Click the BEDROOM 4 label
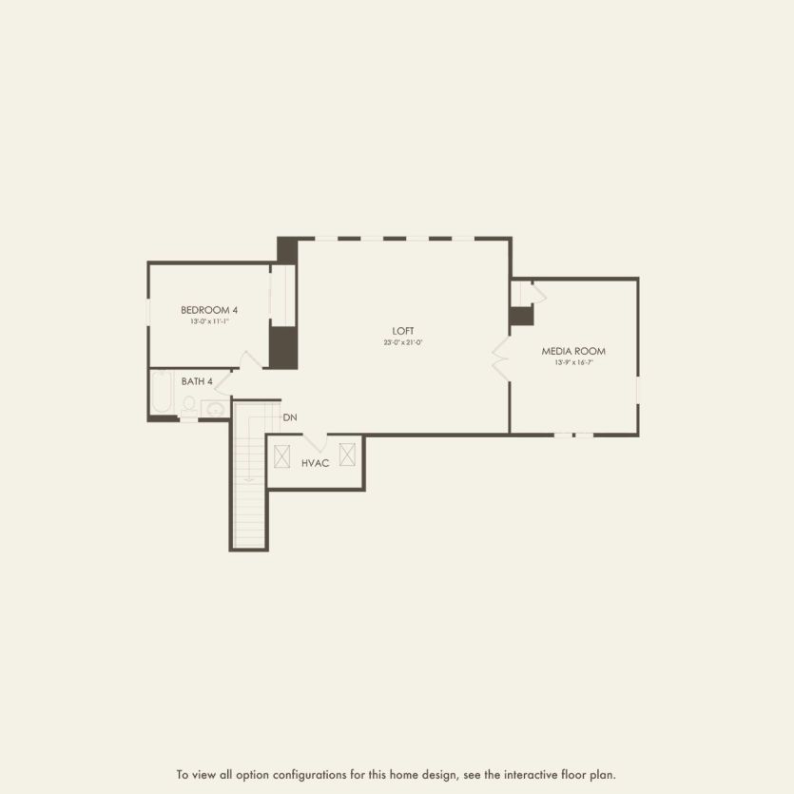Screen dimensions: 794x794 coord(209,310)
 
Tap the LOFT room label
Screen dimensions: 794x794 coord(403,331)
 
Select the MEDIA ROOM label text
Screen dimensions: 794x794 coord(573,351)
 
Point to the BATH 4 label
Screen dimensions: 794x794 coord(197,381)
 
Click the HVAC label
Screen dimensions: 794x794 coord(315,463)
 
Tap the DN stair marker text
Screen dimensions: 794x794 coord(289,417)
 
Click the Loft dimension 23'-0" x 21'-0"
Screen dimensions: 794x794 coord(403,342)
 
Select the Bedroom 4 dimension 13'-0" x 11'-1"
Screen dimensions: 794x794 coord(209,321)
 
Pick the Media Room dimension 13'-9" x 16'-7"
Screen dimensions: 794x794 coord(573,362)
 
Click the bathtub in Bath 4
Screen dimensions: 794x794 coord(162,393)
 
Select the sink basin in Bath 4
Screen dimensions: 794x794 coord(215,409)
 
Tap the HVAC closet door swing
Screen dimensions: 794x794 coord(316,442)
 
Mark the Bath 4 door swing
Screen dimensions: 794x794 coord(223,382)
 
